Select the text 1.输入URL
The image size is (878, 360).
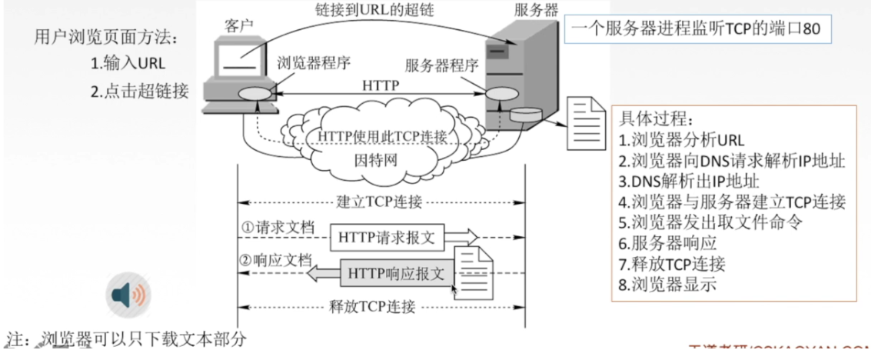[x=128, y=64]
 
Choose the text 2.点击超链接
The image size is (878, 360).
[x=139, y=92]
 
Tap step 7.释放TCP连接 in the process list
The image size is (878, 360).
[x=672, y=264]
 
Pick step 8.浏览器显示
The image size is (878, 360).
[x=667, y=284]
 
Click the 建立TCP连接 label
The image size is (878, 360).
[x=381, y=203]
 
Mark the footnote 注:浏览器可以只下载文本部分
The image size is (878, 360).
[x=127, y=338]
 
